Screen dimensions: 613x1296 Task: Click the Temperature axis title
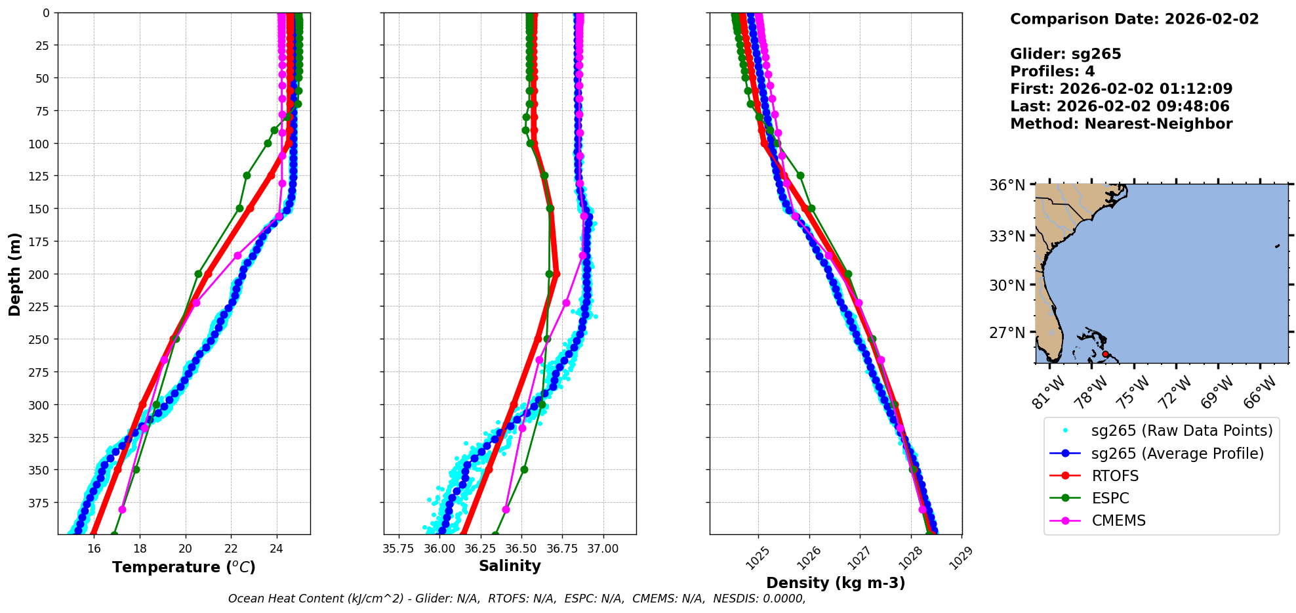(184, 567)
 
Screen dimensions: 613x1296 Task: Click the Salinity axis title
(510, 566)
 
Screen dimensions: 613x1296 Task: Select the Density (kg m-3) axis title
(836, 583)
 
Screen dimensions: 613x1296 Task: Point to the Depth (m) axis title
(14, 274)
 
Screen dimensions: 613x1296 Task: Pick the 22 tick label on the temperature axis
(231, 549)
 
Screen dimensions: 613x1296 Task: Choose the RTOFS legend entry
(1115, 476)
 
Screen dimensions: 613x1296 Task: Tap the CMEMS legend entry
(1118, 520)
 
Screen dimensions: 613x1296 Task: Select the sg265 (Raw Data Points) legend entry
(1181, 431)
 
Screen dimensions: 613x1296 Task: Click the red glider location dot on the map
(1105, 354)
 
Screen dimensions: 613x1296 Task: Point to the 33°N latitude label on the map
(1007, 236)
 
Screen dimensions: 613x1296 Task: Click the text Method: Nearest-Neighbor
(1121, 124)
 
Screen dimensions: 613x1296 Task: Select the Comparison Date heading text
(1134, 19)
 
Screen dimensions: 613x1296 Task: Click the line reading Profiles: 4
(1052, 72)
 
